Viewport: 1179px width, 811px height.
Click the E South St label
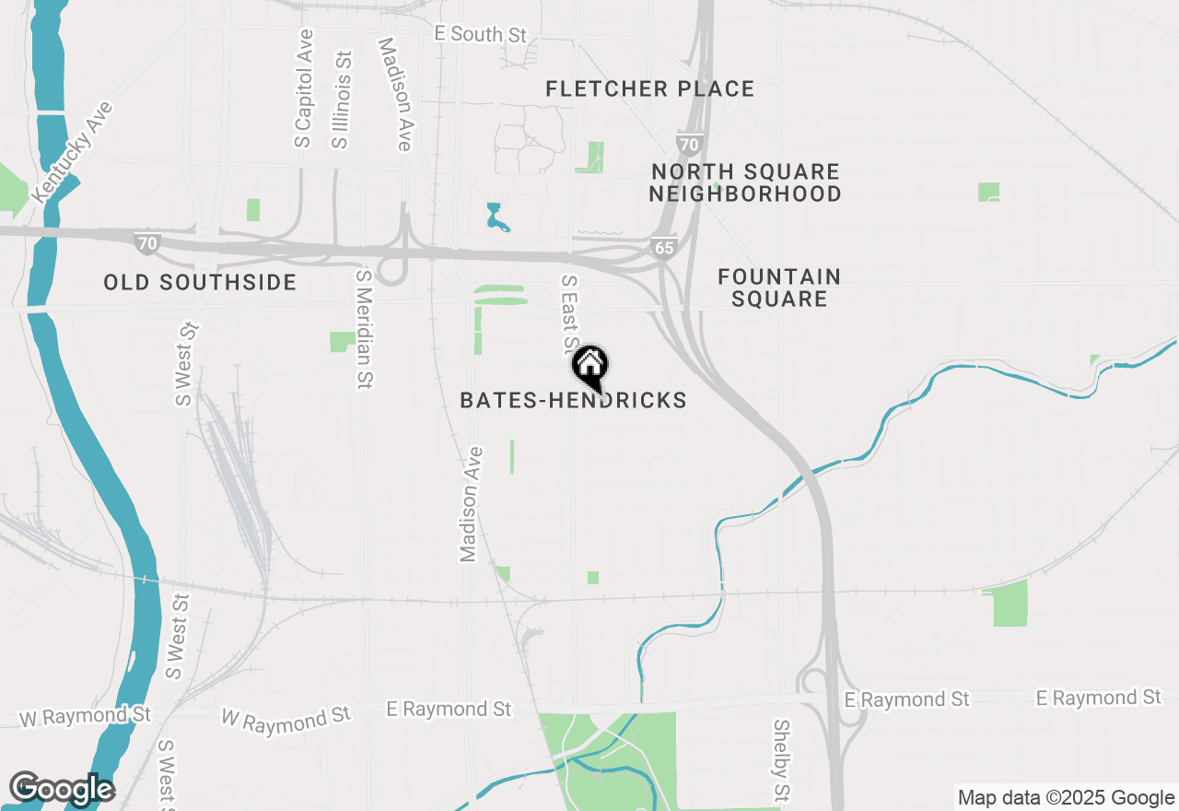click(x=481, y=35)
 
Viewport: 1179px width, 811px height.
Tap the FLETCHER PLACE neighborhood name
click(x=649, y=89)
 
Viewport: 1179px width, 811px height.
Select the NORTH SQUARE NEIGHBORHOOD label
click(x=745, y=182)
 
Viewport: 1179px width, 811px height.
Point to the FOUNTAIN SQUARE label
click(x=779, y=288)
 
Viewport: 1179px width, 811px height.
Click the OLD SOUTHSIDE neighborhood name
click(x=200, y=282)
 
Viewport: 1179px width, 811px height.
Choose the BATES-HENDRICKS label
click(x=573, y=400)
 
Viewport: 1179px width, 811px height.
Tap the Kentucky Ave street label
click(x=73, y=152)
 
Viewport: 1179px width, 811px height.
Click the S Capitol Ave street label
click(x=304, y=88)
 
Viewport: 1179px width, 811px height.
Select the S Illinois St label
click(x=341, y=100)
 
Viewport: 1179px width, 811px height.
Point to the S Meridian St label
click(x=365, y=329)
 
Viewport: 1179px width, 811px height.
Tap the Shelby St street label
click(x=781, y=760)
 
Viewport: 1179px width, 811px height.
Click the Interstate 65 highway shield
click(x=663, y=247)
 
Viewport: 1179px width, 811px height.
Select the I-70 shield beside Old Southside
click(x=146, y=242)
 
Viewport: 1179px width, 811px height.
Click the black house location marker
click(x=589, y=366)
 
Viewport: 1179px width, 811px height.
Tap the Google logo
click(x=62, y=789)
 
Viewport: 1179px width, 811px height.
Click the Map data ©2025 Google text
click(x=1066, y=798)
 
